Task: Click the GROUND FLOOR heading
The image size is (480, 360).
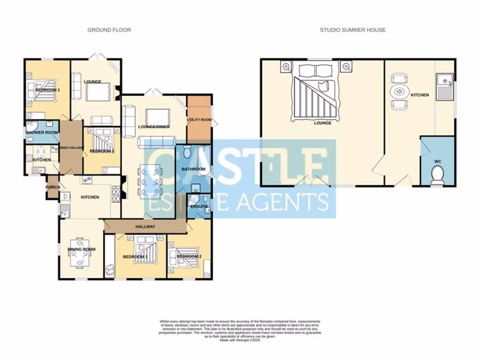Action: [109, 30]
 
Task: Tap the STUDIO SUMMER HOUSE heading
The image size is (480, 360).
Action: [352, 30]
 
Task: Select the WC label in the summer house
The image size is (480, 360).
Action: [438, 161]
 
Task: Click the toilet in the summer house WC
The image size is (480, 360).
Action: [438, 175]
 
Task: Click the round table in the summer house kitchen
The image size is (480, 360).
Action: [400, 92]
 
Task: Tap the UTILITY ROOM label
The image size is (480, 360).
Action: [199, 120]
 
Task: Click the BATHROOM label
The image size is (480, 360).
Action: [194, 169]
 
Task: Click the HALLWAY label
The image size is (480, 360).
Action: [145, 227]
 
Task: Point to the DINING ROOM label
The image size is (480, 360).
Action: [82, 249]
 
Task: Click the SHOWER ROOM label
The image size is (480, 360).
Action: [42, 133]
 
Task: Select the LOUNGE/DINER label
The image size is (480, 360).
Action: [154, 127]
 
